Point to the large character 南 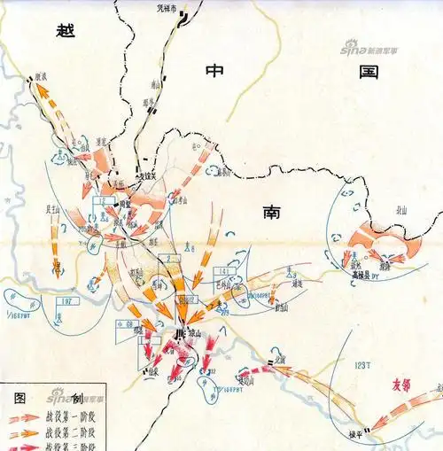coord(272,211)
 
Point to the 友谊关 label coord(148,176)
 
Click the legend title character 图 coord(19,395)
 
